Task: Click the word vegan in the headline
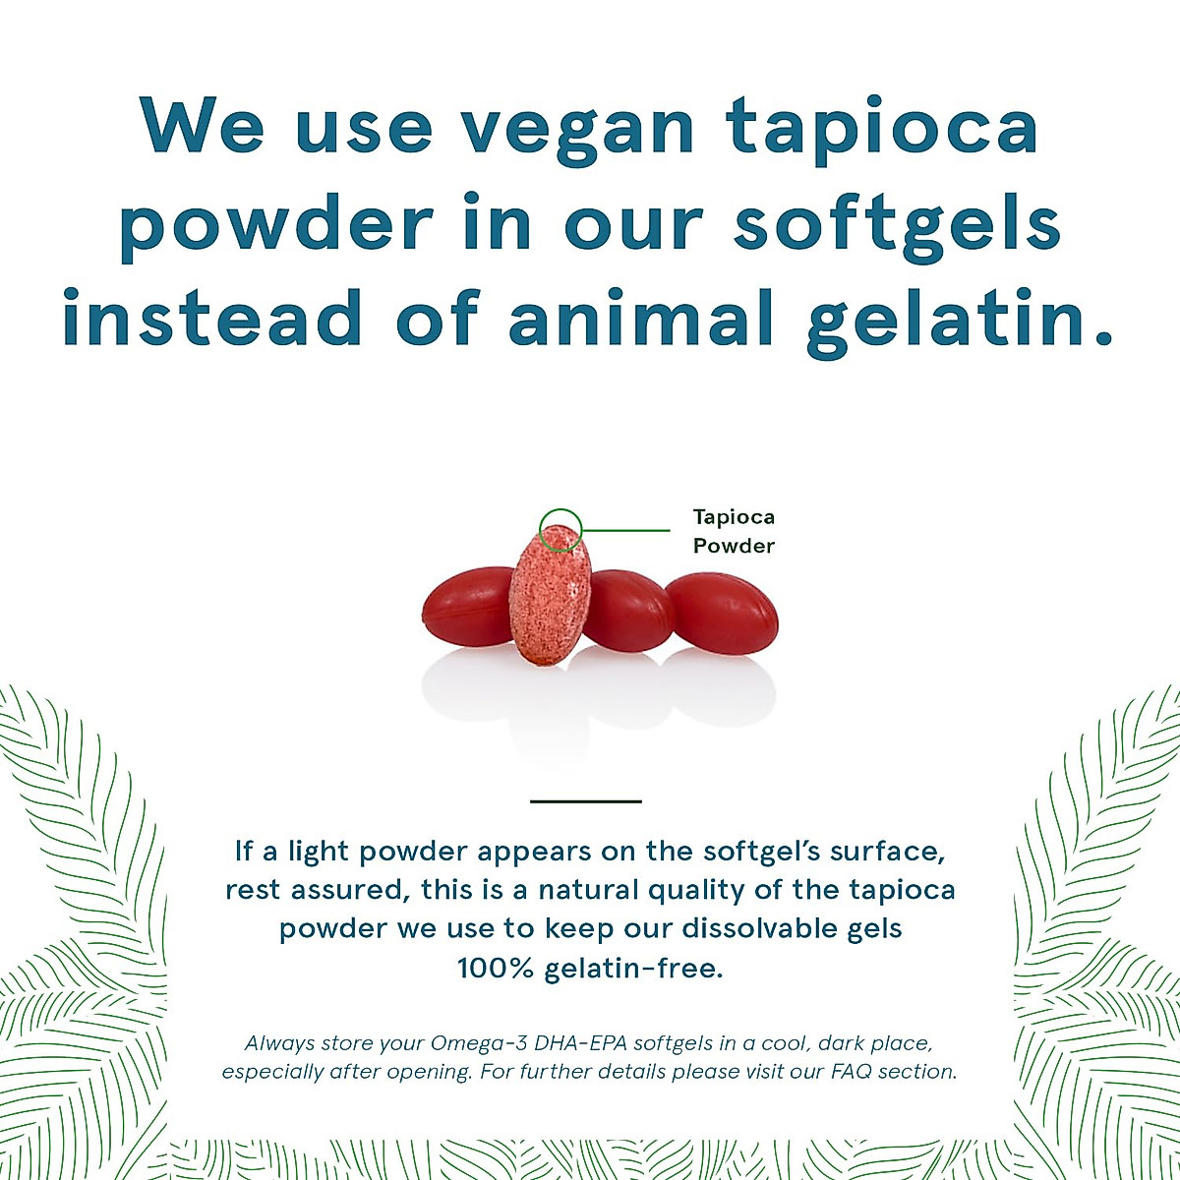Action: [577, 131]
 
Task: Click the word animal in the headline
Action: [641, 317]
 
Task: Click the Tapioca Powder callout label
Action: [734, 532]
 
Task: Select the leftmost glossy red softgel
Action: [468, 606]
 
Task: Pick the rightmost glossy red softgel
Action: [722, 613]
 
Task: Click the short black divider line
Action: [586, 801]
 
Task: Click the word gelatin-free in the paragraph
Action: [634, 970]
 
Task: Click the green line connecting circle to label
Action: [626, 530]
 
